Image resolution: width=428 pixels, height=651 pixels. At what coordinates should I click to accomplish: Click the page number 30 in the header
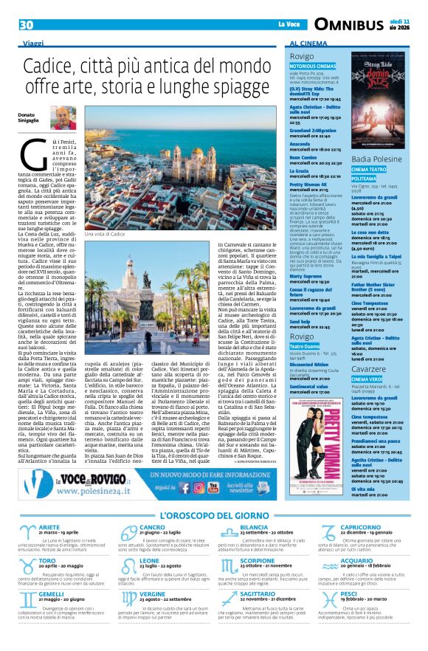click(x=27, y=25)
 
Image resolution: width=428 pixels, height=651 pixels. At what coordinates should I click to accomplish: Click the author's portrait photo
click(x=64, y=117)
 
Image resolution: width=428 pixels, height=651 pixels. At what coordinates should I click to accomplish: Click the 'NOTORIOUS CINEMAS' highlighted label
click(x=313, y=66)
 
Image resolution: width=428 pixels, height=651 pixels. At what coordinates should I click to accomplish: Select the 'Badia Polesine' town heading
click(x=377, y=159)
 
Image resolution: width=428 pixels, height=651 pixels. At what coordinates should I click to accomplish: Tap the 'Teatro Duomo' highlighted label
click(x=304, y=347)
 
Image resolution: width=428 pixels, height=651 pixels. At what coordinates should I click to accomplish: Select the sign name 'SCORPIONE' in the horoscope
click(x=258, y=560)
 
